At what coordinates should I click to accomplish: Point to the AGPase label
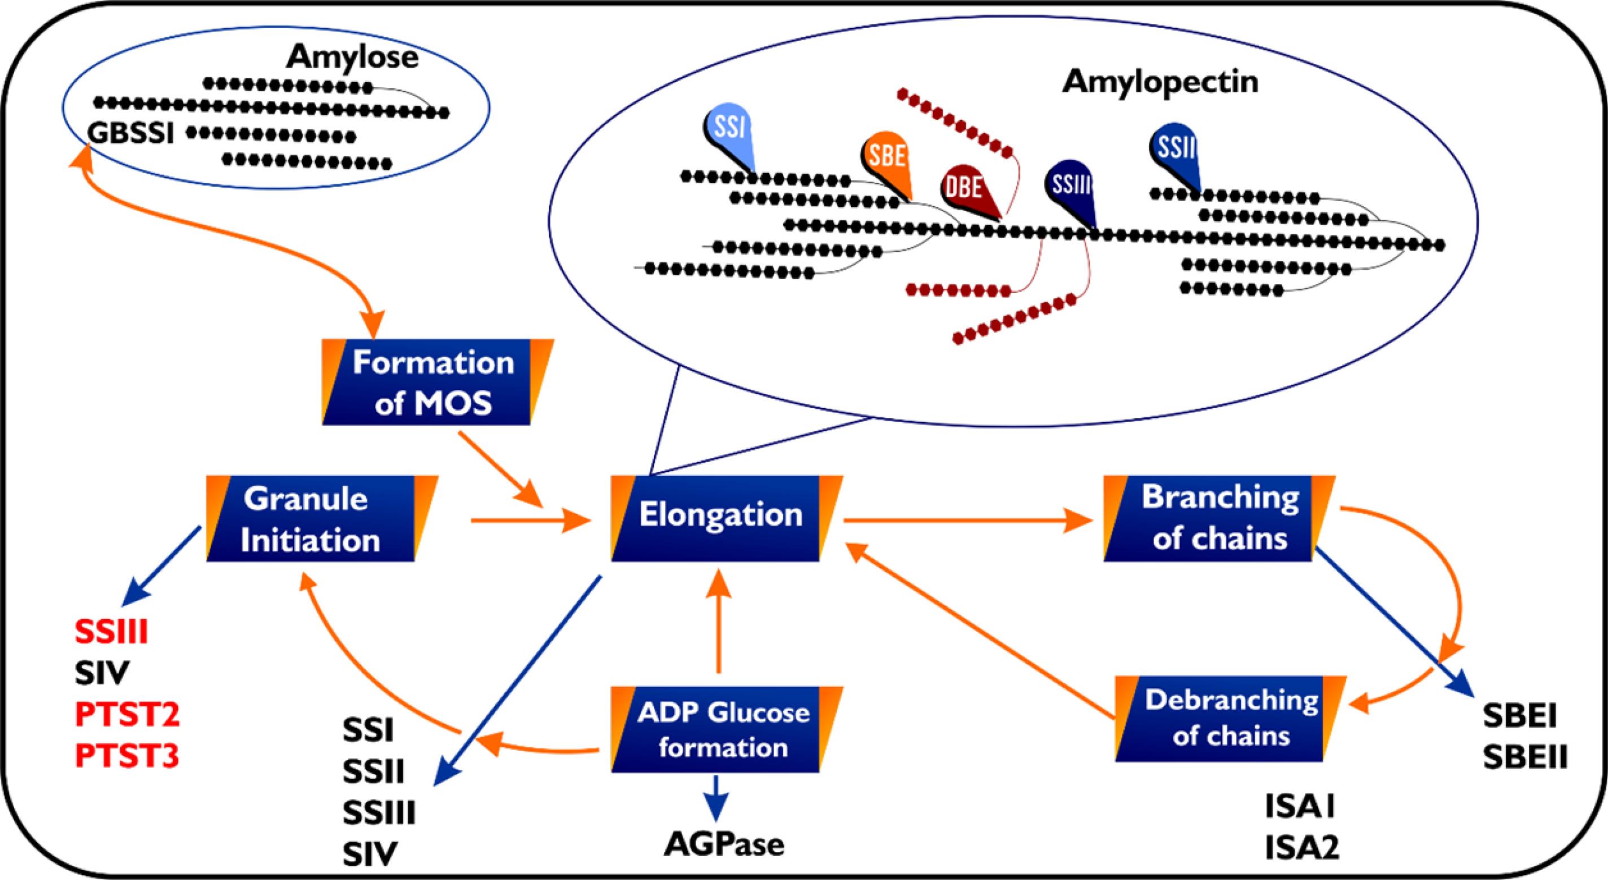coord(723,844)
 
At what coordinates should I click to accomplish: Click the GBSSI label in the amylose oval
coord(130,134)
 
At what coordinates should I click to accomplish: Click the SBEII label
coord(1525,758)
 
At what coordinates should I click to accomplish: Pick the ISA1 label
coord(1300,807)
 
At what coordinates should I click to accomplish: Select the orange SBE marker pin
coord(887,159)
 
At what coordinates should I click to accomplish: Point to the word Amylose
coord(353,58)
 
